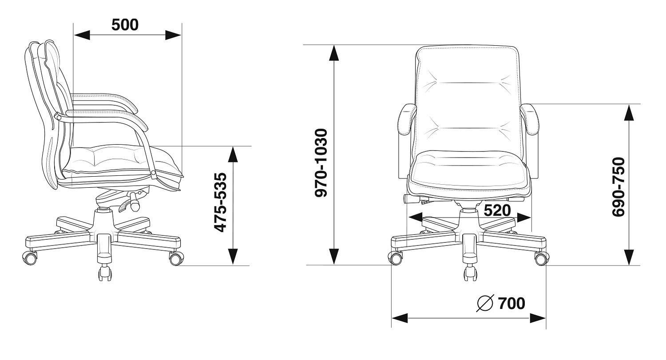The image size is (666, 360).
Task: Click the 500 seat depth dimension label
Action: [x=125, y=25]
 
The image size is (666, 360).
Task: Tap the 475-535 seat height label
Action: [x=221, y=202]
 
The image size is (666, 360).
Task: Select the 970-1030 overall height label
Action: [x=321, y=162]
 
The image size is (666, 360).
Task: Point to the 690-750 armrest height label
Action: [x=619, y=187]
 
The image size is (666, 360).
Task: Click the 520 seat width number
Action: [x=497, y=210]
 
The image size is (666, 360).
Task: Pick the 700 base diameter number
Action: [x=511, y=303]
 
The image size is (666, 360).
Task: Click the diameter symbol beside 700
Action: [x=485, y=303]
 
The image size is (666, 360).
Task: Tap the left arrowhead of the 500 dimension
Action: [x=82, y=35]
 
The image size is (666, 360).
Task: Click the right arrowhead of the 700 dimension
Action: [x=538, y=318]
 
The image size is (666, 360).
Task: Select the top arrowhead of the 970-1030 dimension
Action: [x=334, y=53]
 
